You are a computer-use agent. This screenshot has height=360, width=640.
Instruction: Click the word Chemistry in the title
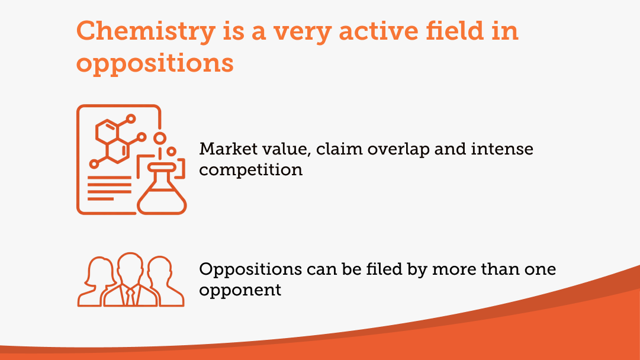146,31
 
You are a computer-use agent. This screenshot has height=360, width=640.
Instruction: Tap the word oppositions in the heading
155,64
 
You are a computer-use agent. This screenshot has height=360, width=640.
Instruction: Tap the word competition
250,170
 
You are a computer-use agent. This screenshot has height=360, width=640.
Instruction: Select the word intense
501,149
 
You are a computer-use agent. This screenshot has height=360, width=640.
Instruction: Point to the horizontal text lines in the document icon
110,188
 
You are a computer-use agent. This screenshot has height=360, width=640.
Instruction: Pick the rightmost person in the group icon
165,282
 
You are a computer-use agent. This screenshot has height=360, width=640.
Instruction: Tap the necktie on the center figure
130,297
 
